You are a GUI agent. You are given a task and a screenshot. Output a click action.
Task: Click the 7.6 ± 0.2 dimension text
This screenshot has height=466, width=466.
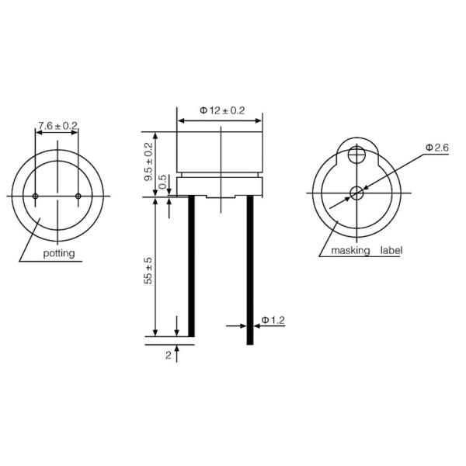point(57,125)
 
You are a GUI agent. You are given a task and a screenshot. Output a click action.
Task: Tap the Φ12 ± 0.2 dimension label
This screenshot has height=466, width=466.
point(221,111)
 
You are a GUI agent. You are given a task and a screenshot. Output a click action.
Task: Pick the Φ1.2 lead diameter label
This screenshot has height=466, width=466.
point(274,319)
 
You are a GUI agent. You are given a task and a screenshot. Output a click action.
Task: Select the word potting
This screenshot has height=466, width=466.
point(59,254)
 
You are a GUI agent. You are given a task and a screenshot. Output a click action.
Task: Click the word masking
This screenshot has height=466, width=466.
point(350,251)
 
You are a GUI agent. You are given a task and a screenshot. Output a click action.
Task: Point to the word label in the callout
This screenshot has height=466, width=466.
point(391,251)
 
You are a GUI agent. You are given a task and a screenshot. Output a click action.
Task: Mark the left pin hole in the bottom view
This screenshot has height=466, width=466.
point(36,195)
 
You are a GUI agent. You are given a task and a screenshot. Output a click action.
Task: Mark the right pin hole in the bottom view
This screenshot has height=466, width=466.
point(78,195)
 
